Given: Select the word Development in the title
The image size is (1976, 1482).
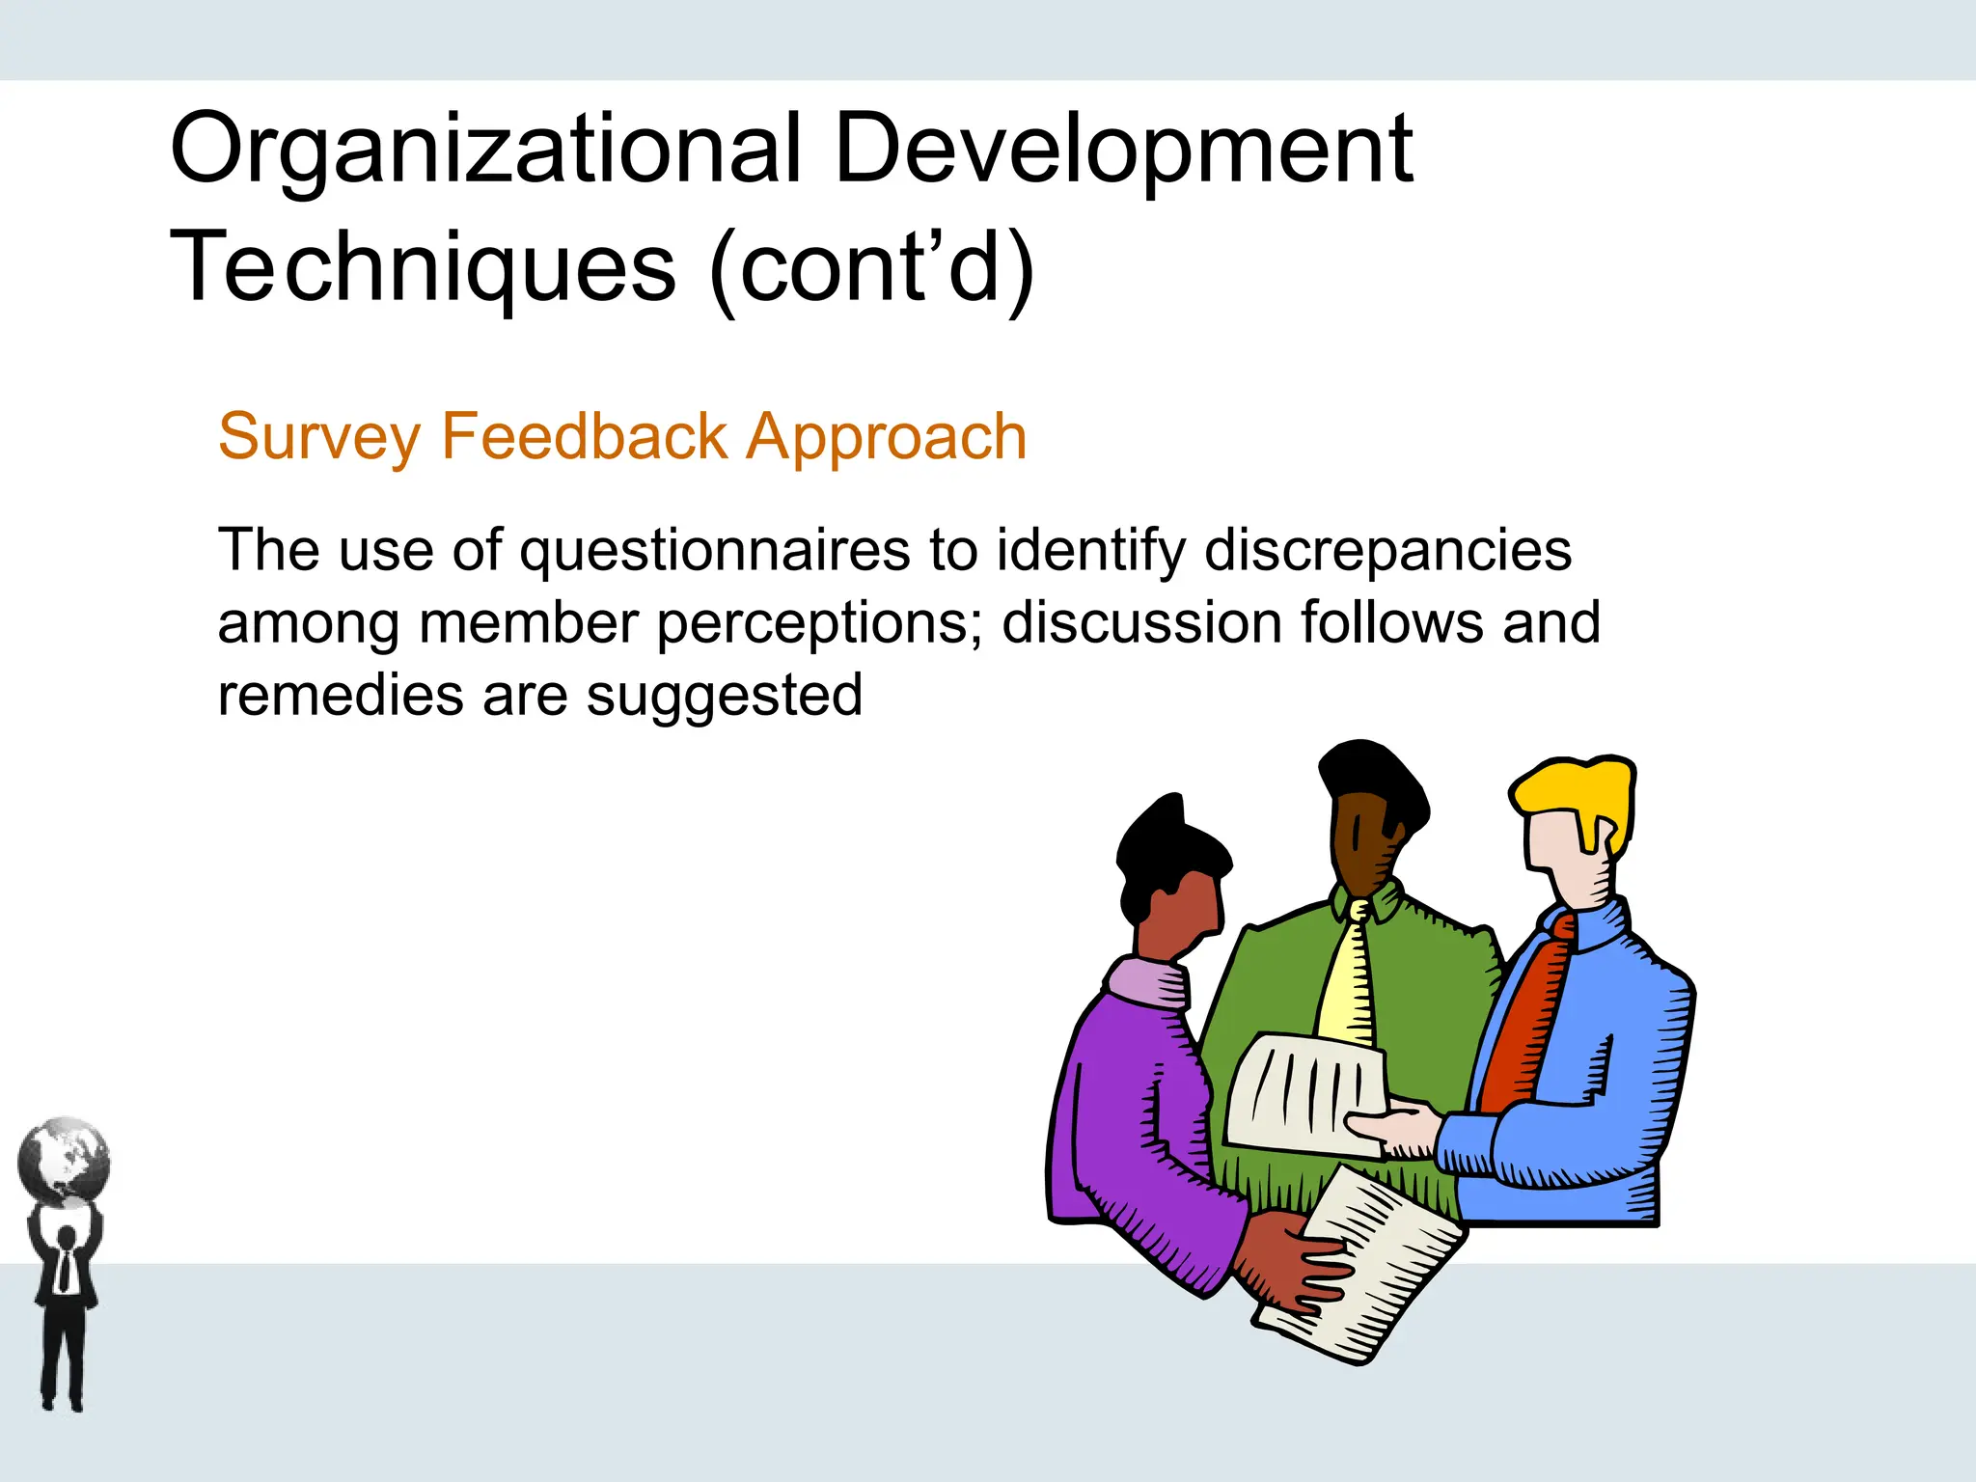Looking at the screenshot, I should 1123,150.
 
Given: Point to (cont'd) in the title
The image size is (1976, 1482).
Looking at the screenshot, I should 871,267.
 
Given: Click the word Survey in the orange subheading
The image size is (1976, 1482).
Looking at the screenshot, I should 318,438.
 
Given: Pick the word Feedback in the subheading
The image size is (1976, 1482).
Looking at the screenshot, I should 584,436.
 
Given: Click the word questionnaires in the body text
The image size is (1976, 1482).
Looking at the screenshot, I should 714,552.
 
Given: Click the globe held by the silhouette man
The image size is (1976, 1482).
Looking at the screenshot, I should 64,1161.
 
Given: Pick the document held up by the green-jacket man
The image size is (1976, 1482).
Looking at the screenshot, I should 1303,1095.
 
